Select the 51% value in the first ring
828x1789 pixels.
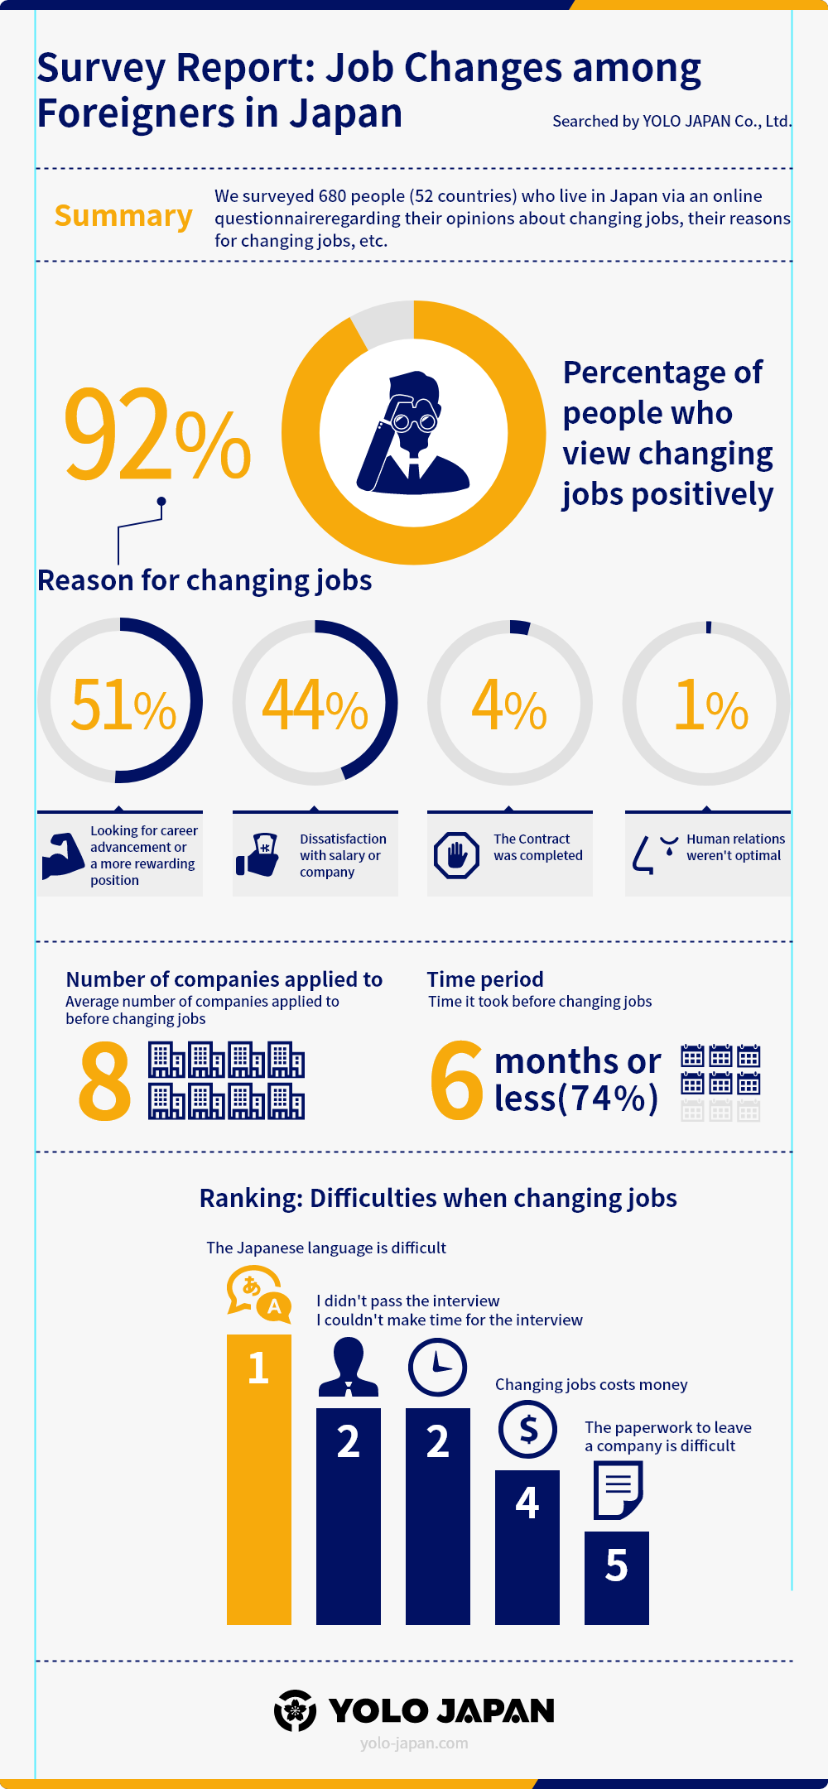tap(123, 705)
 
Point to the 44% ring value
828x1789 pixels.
tap(315, 705)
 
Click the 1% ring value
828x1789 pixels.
tap(710, 705)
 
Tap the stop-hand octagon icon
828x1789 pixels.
tap(456, 855)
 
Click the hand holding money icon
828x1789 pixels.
tap(258, 855)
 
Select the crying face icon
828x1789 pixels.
tap(655, 854)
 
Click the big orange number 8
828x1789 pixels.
tap(105, 1080)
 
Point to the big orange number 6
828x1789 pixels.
tap(456, 1080)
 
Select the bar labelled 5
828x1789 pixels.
tap(617, 1578)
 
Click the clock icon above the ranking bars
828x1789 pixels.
tap(437, 1367)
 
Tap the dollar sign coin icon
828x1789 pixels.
tap(527, 1429)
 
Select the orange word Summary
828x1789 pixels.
tap(123, 216)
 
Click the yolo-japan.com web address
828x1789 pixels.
tap(414, 1743)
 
